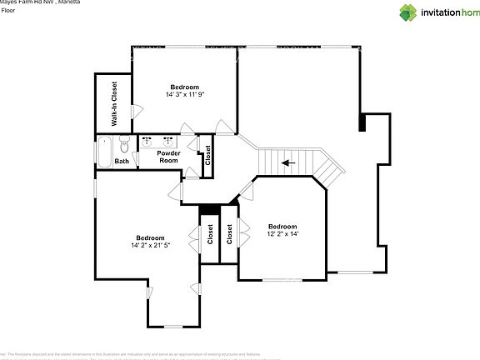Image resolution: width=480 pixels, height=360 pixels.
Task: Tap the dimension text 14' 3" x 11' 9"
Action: [x=184, y=95]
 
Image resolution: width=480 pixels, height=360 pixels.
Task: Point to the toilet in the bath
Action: [x=123, y=142]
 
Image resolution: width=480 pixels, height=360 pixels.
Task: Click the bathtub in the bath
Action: [x=104, y=152]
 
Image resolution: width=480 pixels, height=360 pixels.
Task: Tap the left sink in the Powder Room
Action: [x=147, y=142]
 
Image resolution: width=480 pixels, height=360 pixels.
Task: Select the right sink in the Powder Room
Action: [x=167, y=142]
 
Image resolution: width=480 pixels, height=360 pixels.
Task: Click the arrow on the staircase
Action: [x=287, y=162]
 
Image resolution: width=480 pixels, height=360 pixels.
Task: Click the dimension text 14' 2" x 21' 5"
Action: [x=150, y=245]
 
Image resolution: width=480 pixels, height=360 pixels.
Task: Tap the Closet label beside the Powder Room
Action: [x=207, y=154]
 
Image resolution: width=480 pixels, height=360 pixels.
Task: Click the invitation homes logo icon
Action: [x=407, y=12]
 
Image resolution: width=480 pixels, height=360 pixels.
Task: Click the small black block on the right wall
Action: [x=362, y=122]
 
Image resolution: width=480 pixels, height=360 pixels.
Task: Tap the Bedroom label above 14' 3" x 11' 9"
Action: [x=184, y=87]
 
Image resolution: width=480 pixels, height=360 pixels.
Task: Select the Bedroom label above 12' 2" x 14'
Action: [x=282, y=227]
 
